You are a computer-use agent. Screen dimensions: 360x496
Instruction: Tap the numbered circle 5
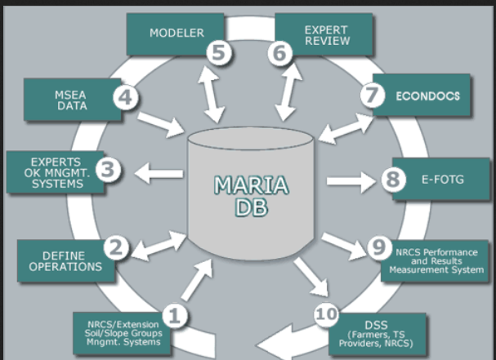click(x=219, y=53)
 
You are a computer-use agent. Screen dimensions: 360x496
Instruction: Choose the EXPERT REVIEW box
click(x=324, y=33)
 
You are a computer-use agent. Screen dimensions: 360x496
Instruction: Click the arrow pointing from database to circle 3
click(x=159, y=172)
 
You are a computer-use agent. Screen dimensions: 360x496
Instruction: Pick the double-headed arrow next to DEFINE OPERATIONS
click(x=163, y=244)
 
